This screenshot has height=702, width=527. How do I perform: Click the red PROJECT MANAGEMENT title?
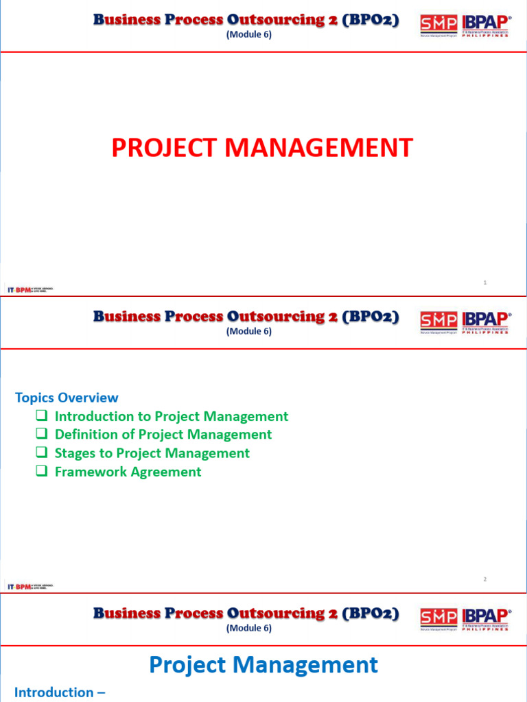coord(262,147)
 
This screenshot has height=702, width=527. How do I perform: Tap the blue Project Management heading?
coord(263,664)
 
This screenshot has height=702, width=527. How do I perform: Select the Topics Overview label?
coord(67,398)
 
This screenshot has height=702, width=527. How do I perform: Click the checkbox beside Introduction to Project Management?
coord(42,415)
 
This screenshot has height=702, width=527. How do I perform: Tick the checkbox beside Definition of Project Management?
coord(42,434)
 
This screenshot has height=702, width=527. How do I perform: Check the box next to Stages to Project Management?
coord(42,452)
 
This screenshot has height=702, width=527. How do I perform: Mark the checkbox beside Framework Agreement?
coord(42,471)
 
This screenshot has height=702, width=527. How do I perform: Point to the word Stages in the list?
coord(75,453)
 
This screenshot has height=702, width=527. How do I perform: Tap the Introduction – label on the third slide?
coord(60,692)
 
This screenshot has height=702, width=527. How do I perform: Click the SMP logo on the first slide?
coord(438,25)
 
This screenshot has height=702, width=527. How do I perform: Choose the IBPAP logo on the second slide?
coord(486,321)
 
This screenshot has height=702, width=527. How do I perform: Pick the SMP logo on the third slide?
coord(438,618)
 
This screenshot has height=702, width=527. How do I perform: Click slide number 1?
coord(484,282)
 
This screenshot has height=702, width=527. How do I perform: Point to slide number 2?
coord(484,579)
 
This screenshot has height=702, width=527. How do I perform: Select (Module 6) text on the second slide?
coord(249,331)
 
